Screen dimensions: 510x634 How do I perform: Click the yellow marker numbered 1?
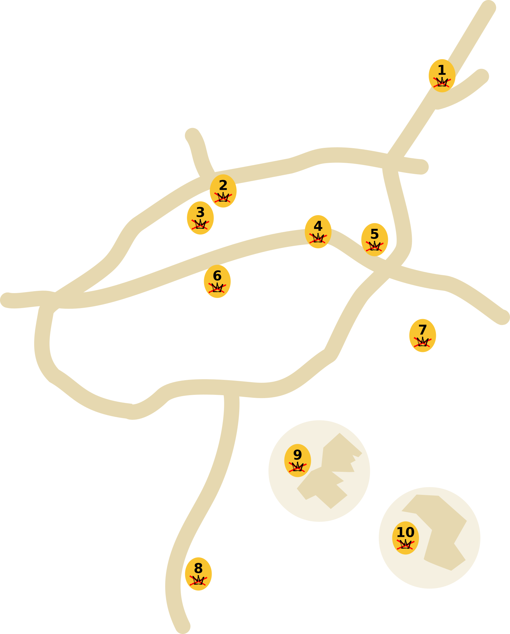tap(442, 76)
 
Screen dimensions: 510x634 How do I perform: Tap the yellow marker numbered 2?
tap(223, 191)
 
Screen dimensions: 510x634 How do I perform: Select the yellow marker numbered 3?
tap(200, 218)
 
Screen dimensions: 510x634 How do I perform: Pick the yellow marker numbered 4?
tap(318, 232)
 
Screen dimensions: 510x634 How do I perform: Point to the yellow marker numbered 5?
tap(374, 239)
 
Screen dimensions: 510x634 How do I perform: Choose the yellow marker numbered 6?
tap(217, 281)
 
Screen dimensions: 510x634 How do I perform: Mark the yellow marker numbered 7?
tap(423, 335)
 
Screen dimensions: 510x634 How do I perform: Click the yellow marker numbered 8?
tap(198, 574)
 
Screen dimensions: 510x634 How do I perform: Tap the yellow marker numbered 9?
tap(297, 460)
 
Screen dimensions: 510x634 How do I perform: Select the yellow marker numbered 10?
tap(405, 538)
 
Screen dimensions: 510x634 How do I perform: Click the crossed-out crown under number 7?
tap(423, 342)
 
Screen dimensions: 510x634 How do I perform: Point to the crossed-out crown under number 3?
tap(200, 224)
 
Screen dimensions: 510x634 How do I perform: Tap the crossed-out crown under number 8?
tap(198, 580)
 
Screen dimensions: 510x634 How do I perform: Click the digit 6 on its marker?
tap(217, 276)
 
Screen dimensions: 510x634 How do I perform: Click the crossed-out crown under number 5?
tap(374, 246)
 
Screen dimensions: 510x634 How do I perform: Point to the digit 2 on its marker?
tap(223, 186)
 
